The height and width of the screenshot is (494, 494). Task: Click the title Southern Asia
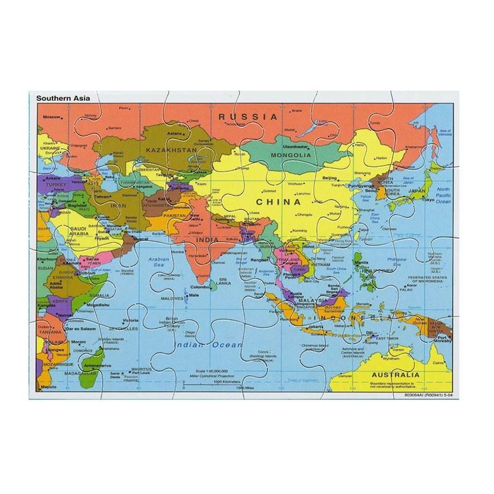coord(61,98)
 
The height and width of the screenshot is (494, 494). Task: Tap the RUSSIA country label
coord(248,117)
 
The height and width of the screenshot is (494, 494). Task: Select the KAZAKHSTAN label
coord(170,149)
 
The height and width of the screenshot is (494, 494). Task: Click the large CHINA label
coord(278,202)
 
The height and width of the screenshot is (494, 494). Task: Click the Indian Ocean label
coord(199,345)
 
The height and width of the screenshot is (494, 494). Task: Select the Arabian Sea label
coord(157,262)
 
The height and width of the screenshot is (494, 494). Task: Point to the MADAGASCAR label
coord(80,373)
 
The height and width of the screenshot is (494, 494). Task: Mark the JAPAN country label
coord(416,191)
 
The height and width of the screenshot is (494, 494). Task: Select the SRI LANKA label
coord(224,281)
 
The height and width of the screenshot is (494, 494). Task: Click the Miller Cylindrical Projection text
coord(211,375)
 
